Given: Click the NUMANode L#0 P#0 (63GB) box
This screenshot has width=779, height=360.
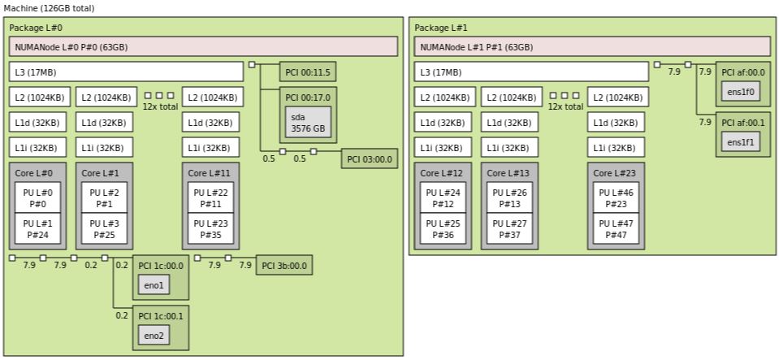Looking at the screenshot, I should pyautogui.click(x=203, y=46).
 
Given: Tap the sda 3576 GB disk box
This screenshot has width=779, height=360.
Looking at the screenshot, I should pyautogui.click(x=308, y=122).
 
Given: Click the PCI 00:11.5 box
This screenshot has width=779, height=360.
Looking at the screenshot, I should pyautogui.click(x=308, y=72).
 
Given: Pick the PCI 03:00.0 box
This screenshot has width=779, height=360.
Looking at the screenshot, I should pyautogui.click(x=370, y=158).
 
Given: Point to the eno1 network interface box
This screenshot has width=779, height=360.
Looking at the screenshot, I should pyautogui.click(x=154, y=285).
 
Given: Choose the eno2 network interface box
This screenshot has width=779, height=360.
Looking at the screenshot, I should pyautogui.click(x=154, y=335).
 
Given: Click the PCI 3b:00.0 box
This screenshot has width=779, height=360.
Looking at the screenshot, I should pyautogui.click(x=284, y=265).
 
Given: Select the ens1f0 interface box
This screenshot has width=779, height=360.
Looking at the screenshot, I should pyautogui.click(x=741, y=92).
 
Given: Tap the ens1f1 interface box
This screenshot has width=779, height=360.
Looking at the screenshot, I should pyautogui.click(x=741, y=142).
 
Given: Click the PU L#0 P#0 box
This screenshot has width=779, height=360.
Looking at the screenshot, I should pyautogui.click(x=37, y=197).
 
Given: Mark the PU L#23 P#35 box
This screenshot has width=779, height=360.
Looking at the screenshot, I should pyautogui.click(x=210, y=229).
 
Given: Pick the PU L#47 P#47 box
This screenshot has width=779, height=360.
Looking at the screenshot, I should pyautogui.click(x=616, y=229).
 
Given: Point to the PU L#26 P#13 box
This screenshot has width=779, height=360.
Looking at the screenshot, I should pyautogui.click(x=509, y=197).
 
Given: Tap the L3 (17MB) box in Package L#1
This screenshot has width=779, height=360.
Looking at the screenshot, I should pyautogui.click(x=531, y=72).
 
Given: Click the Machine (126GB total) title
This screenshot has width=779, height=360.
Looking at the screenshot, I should pyautogui.click(x=49, y=8).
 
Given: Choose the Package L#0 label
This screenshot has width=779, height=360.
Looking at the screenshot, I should pyautogui.click(x=32, y=28).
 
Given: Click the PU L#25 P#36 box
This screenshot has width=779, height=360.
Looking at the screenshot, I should pyautogui.click(x=442, y=229).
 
